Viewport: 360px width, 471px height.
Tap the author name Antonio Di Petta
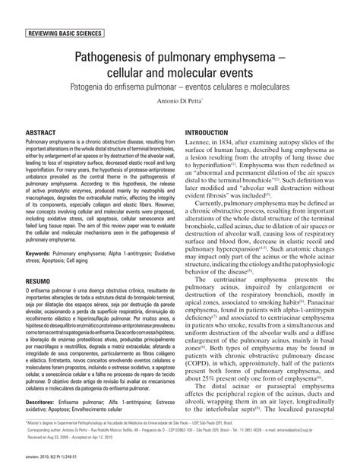[180, 108]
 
